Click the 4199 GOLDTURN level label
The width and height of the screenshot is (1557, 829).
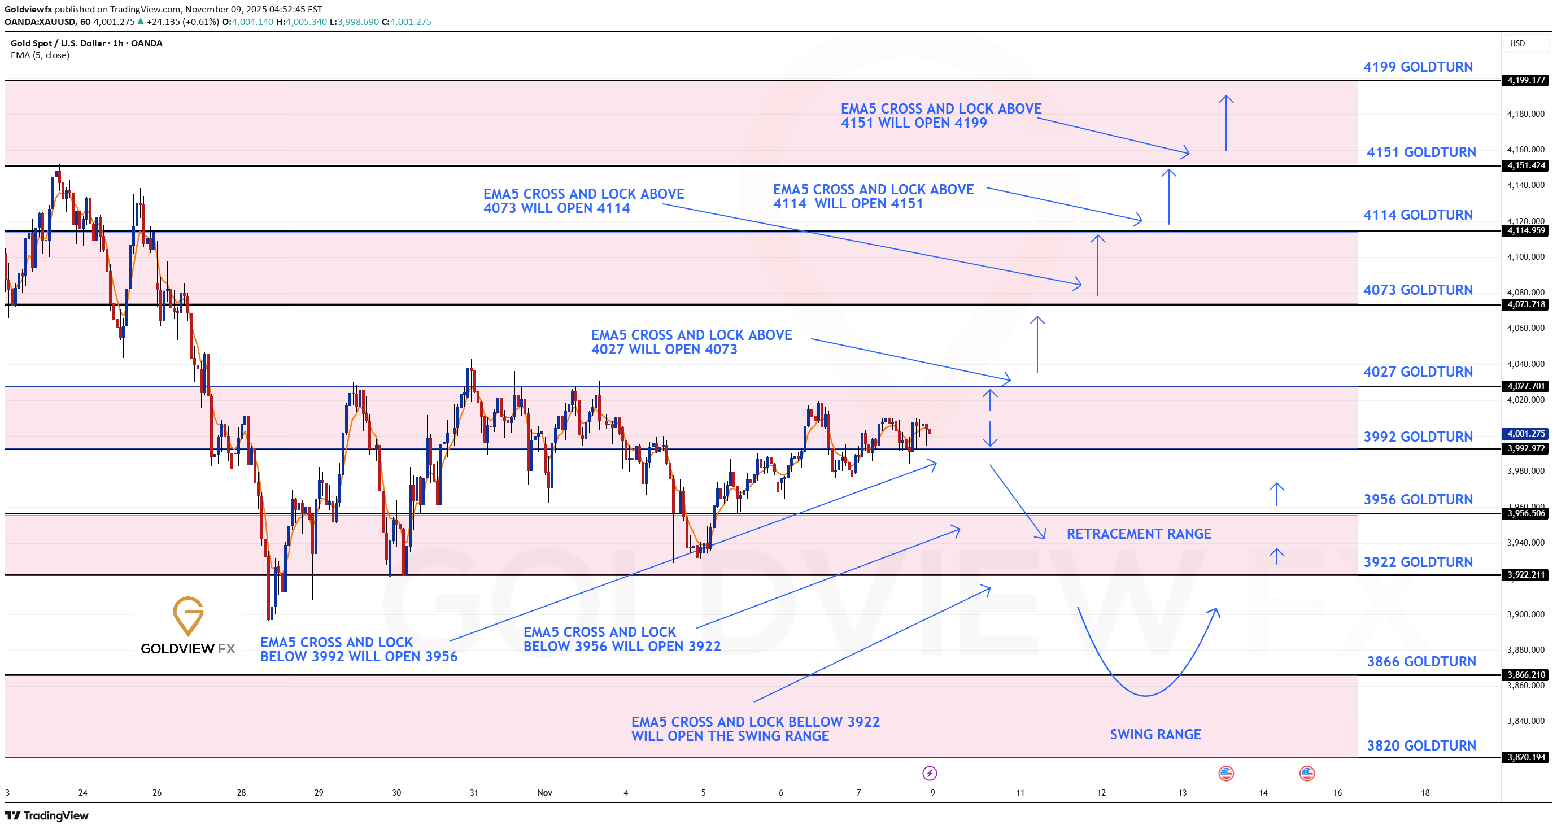(1418, 67)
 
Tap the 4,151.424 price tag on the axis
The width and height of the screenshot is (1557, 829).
(1525, 165)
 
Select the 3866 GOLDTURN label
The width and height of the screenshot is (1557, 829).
(1421, 662)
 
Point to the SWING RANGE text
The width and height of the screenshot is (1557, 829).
(1155, 734)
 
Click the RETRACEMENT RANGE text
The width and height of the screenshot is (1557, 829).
(1138, 534)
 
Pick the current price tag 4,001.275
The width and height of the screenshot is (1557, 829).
(1525, 434)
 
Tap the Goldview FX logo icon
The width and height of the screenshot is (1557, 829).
(188, 616)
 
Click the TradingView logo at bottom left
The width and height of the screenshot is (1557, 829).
(46, 815)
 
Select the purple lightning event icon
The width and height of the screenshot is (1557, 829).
(929, 774)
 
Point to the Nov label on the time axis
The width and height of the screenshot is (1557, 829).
(544, 793)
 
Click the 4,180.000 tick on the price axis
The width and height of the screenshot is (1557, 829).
(1525, 114)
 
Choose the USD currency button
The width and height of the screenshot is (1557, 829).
(1517, 43)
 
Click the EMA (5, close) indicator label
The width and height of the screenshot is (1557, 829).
(40, 55)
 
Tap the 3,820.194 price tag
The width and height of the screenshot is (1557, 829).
(1525, 757)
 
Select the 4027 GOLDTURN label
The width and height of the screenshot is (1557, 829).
(1418, 372)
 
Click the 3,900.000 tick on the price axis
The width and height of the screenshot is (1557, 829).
(1525, 614)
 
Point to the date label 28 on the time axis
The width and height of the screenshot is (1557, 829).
(241, 793)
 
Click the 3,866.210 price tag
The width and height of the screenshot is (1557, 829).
(1525, 675)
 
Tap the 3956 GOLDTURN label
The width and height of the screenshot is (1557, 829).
(1418, 500)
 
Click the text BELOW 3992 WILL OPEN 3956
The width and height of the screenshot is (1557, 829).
(359, 657)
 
